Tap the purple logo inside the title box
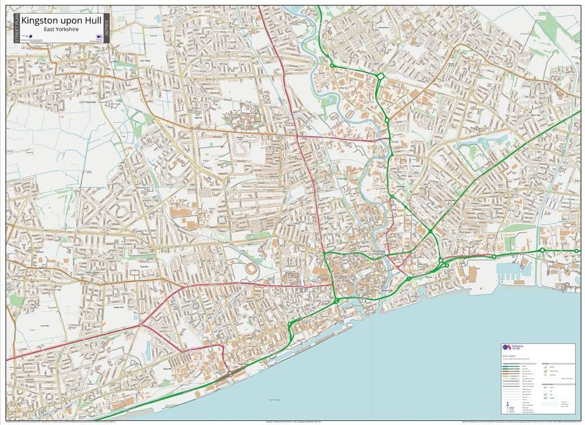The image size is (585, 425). [99, 37]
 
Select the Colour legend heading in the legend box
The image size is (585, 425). [509, 355]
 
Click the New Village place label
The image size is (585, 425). [144, 60]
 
